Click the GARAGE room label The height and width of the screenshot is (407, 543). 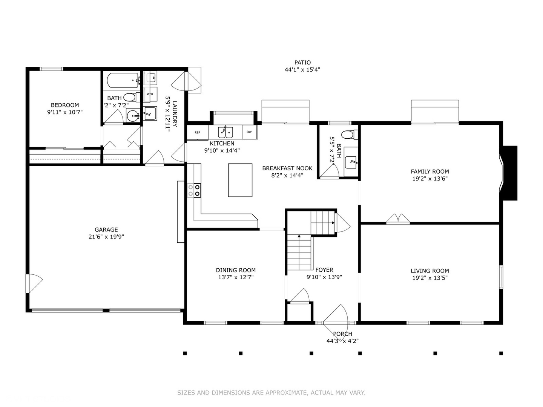[x=106, y=230]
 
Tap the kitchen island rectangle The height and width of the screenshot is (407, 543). [x=240, y=180]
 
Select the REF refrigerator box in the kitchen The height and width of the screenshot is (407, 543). [x=197, y=132]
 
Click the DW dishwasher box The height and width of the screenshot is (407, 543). [x=249, y=132]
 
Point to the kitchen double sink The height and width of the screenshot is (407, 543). [x=225, y=132]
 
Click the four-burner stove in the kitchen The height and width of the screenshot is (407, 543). [x=194, y=190]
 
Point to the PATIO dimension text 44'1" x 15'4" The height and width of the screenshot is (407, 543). [x=302, y=70]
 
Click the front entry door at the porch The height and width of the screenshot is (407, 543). [x=336, y=315]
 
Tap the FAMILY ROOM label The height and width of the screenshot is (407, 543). [x=429, y=171]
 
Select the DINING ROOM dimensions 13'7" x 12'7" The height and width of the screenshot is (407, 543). [x=236, y=277]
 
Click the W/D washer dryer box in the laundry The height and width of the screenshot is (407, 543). [x=150, y=94]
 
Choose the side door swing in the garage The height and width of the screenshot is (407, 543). [x=34, y=283]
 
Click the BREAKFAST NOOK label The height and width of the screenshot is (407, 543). [x=287, y=168]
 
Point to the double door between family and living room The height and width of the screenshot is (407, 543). [x=398, y=219]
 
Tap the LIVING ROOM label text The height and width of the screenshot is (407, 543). [x=429, y=271]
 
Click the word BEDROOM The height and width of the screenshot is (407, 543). [x=65, y=105]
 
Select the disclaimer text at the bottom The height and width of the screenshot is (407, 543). [x=271, y=393]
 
